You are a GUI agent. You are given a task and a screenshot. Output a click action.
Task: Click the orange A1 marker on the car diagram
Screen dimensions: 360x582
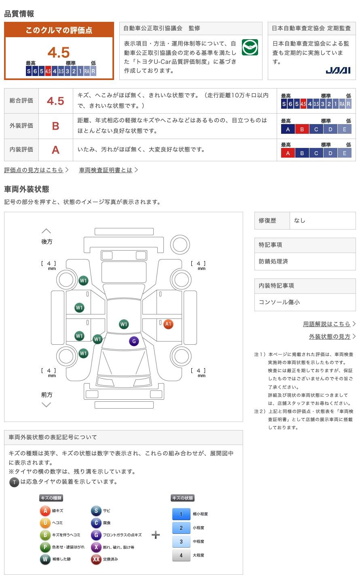[x=168, y=324]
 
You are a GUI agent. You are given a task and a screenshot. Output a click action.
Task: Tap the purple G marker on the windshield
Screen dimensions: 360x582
[x=134, y=341]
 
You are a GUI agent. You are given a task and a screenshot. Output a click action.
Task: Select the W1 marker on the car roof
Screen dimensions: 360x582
[x=124, y=324]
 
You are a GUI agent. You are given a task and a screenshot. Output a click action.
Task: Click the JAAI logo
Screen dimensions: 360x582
[x=338, y=70]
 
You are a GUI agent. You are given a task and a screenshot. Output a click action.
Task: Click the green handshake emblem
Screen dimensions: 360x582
[x=250, y=47]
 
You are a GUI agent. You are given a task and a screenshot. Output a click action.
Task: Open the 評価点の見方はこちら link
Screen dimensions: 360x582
[x=34, y=170]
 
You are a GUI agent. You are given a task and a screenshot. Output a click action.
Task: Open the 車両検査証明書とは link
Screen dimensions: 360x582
[x=106, y=170]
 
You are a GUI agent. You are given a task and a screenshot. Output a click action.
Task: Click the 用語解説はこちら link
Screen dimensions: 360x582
[x=326, y=324]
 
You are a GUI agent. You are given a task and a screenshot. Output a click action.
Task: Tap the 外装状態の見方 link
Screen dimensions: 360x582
[x=330, y=336]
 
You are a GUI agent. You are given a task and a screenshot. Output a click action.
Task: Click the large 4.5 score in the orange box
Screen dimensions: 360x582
[x=59, y=52]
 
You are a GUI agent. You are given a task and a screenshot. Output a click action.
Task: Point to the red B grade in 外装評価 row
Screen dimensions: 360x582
[x=55, y=126]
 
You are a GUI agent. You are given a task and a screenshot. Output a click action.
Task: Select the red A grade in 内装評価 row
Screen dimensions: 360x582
[x=55, y=150]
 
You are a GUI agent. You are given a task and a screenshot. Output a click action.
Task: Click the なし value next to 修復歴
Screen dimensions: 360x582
[x=299, y=221]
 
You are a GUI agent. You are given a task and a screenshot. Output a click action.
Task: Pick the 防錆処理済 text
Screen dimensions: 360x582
[x=273, y=261]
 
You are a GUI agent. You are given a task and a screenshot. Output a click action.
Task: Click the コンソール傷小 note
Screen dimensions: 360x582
[x=279, y=302]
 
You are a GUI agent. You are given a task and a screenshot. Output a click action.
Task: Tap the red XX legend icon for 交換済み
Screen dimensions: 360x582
[x=96, y=559]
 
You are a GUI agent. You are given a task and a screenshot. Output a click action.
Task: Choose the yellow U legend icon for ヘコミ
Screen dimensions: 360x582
[x=45, y=523]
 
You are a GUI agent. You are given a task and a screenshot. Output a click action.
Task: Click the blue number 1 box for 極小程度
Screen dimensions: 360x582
[x=181, y=514]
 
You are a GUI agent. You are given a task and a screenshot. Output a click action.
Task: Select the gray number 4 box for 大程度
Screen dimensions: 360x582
[x=181, y=555]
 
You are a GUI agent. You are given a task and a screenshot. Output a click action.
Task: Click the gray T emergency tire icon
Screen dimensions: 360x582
[x=14, y=482]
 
